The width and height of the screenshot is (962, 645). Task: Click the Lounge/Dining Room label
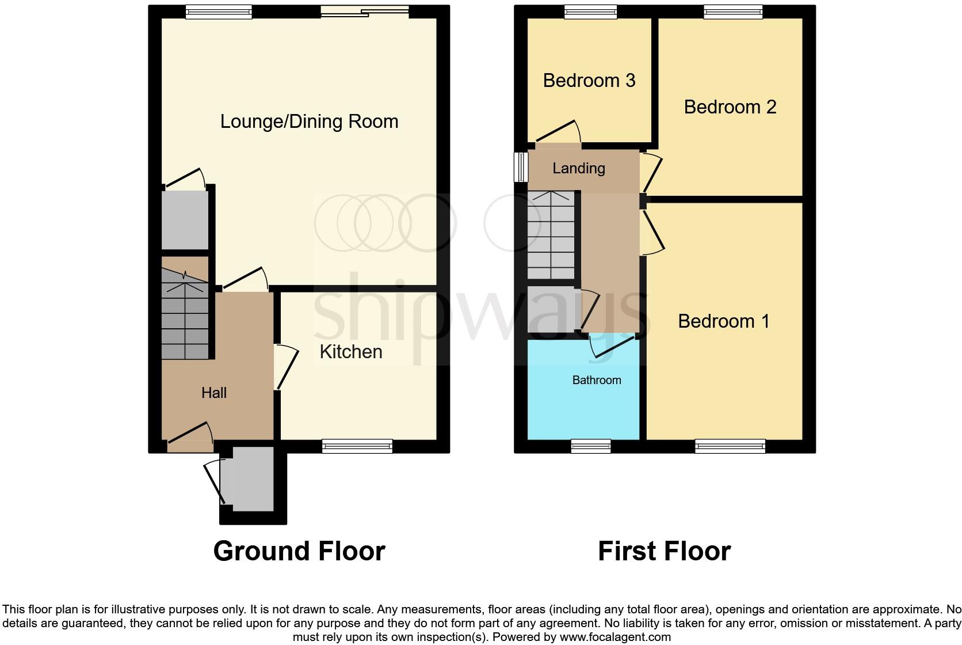(309, 122)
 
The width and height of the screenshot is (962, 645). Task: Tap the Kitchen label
(350, 352)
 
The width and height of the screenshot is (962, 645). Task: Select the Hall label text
(213, 393)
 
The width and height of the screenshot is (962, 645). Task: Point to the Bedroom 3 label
(589, 81)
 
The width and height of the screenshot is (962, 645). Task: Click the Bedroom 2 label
(730, 107)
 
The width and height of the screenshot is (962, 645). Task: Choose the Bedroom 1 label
(723, 321)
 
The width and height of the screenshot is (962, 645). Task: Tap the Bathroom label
(596, 380)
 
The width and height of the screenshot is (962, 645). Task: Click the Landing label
(578, 168)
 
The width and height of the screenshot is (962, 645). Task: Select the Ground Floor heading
(299, 551)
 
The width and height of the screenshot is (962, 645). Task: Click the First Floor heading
(664, 551)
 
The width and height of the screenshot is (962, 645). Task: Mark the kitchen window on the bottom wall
(357, 446)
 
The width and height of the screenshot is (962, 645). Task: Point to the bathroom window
(590, 446)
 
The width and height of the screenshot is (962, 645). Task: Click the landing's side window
(521, 167)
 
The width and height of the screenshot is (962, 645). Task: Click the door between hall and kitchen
(285, 367)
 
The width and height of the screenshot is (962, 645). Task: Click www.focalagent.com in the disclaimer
(615, 638)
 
